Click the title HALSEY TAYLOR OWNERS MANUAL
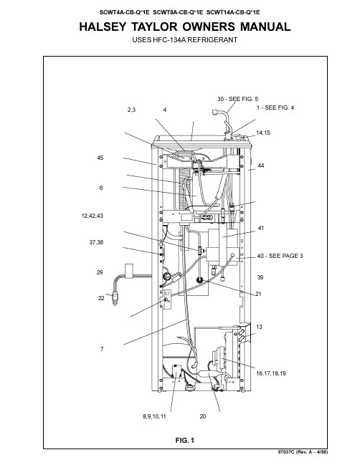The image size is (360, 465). tap(184, 27)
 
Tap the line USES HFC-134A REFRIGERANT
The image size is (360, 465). tap(184, 39)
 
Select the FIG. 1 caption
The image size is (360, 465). tap(184, 440)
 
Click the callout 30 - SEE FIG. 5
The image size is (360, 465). tap(237, 99)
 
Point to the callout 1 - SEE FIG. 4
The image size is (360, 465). tap(275, 107)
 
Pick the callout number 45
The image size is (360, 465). tap(100, 158)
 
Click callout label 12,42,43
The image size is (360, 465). tap(92, 216)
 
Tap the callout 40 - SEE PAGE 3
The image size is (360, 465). tap(280, 256)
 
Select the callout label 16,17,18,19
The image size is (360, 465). tap(271, 373)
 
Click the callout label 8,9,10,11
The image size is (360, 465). tap(154, 416)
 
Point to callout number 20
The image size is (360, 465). tap(203, 416)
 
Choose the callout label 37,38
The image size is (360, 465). tap(96, 243)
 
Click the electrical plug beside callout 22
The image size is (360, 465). tap(115, 298)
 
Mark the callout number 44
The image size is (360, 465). tap(261, 166)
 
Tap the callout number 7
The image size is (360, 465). tap(102, 349)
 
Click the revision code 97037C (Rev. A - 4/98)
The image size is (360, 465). tap(303, 452)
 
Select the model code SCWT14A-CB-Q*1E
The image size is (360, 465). tap(233, 12)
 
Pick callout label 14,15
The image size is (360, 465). tap(263, 133)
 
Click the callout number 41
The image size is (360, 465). tap(261, 228)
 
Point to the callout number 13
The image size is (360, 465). tap(259, 327)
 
